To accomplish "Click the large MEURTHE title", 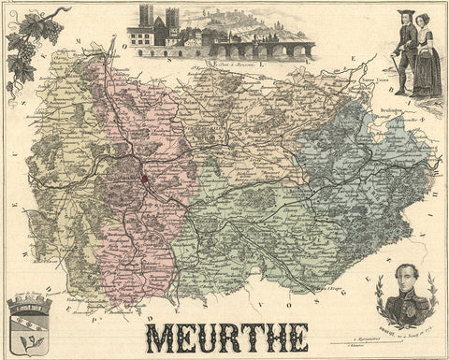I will point(226,337).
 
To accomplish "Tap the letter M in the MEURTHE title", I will point(160,337).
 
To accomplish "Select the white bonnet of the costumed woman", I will point(422,18).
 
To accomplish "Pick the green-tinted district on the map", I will point(253,234).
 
